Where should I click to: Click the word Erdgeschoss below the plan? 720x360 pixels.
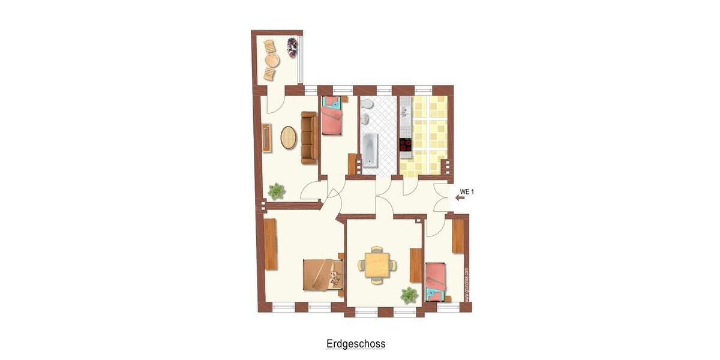tap(356, 344)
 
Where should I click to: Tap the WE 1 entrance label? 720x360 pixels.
tap(467, 192)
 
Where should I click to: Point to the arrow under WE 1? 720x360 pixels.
tap(460, 197)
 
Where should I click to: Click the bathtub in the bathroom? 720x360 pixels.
tap(370, 150)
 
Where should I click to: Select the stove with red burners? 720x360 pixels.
tap(406, 145)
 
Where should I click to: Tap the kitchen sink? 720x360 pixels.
tap(406, 112)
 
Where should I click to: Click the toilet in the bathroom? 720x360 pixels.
tap(367, 105)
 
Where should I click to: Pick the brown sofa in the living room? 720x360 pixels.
tap(308, 137)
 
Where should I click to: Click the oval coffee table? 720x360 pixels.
tap(289, 137)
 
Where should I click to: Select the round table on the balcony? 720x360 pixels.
tap(272, 60)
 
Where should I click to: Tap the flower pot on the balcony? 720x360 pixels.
tap(292, 47)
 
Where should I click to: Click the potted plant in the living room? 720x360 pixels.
tap(277, 191)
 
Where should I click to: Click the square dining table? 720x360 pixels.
tap(377, 265)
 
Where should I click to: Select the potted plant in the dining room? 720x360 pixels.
tap(409, 295)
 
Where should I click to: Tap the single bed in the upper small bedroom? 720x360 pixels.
tap(331, 118)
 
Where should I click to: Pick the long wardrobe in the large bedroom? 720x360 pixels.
tap(271, 244)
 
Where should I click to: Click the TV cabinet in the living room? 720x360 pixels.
tap(266, 137)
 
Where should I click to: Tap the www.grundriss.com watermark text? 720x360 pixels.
tap(466, 283)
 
